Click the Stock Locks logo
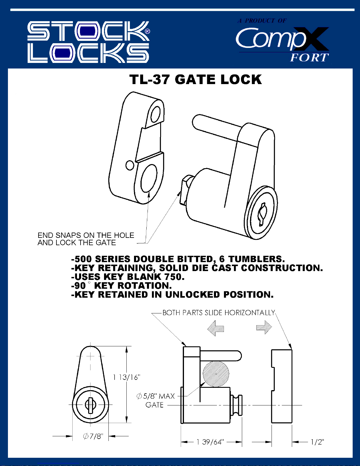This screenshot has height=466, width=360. pyautogui.click(x=88, y=42)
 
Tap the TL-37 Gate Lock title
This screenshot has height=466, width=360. pyautogui.click(x=195, y=80)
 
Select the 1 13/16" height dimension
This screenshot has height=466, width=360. pyautogui.click(x=126, y=377)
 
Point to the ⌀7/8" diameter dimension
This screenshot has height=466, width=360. pyautogui.click(x=93, y=436)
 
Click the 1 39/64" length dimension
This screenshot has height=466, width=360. pyautogui.click(x=210, y=442)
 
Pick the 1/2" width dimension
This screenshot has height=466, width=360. pyautogui.click(x=317, y=442)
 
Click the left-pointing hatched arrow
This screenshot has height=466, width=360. pyautogui.click(x=216, y=328)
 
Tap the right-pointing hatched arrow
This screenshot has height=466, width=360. pyautogui.click(x=264, y=327)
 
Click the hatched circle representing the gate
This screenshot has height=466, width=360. pyautogui.click(x=216, y=374)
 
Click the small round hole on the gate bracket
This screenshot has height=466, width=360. pyautogui.click(x=130, y=165)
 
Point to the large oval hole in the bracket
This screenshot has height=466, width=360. pyautogui.click(x=149, y=178)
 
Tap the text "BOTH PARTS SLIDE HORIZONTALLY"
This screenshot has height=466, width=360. pyautogui.click(x=219, y=313)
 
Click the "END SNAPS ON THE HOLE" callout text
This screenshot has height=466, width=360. pyautogui.click(x=86, y=235)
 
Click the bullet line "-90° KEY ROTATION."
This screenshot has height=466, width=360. pyautogui.click(x=121, y=286)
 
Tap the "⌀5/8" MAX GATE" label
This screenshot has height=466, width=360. pyautogui.click(x=156, y=400)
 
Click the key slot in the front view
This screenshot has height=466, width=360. pyautogui.click(x=90, y=405)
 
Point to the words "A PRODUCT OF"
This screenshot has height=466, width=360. pyautogui.click(x=262, y=21)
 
